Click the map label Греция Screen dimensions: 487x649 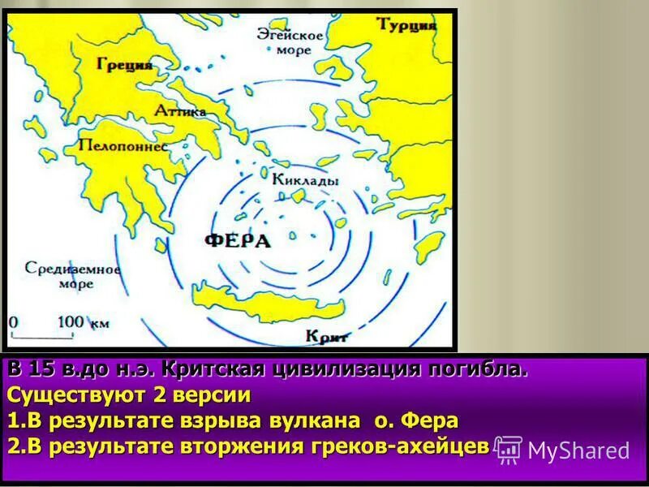(x=124, y=65)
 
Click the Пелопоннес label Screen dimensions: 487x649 (x=122, y=146)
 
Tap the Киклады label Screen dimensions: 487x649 (x=306, y=180)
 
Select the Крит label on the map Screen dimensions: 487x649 (x=328, y=335)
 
